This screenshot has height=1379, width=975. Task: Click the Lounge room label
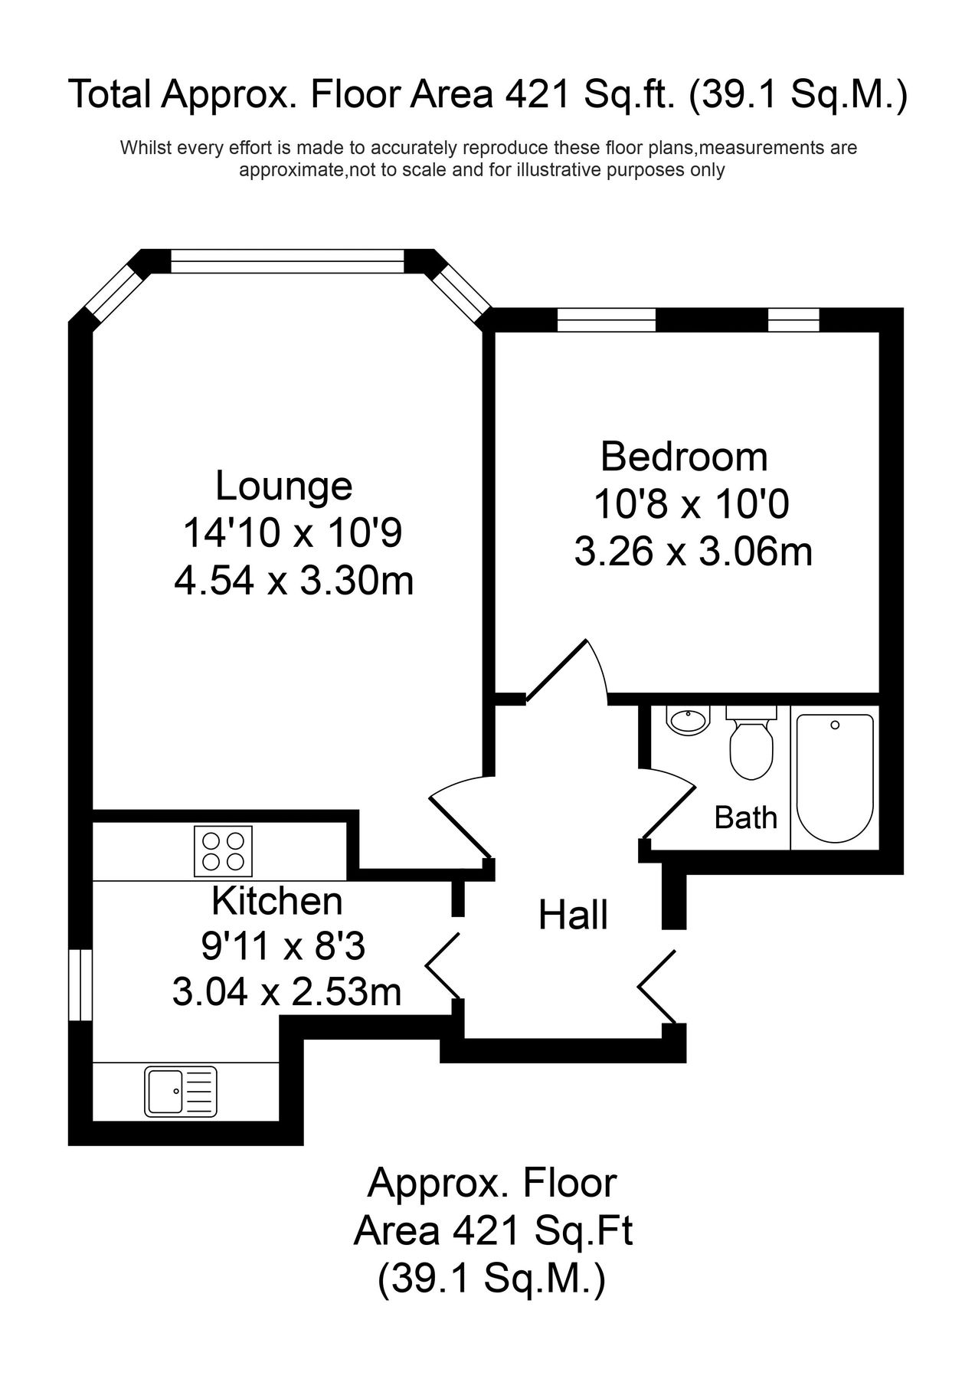pyautogui.click(x=283, y=486)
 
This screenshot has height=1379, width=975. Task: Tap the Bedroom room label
pyautogui.click(x=683, y=457)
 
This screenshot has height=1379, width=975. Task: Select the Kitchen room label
pyautogui.click(x=276, y=901)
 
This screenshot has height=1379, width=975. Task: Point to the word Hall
pyautogui.click(x=573, y=916)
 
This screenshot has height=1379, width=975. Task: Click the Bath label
pyautogui.click(x=745, y=818)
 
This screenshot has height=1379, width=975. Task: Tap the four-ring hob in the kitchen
pyautogui.click(x=223, y=851)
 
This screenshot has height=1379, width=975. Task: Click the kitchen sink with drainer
pyautogui.click(x=181, y=1092)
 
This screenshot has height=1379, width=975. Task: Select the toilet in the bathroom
pyautogui.click(x=751, y=743)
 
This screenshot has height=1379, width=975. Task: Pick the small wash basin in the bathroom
pyautogui.click(x=687, y=721)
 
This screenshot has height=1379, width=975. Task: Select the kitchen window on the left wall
pyautogui.click(x=80, y=984)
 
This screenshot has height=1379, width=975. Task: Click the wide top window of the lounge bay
pyautogui.click(x=286, y=261)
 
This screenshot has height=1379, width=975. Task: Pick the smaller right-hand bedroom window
pyautogui.click(x=793, y=319)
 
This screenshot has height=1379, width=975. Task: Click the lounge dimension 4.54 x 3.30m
pyautogui.click(x=294, y=582)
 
